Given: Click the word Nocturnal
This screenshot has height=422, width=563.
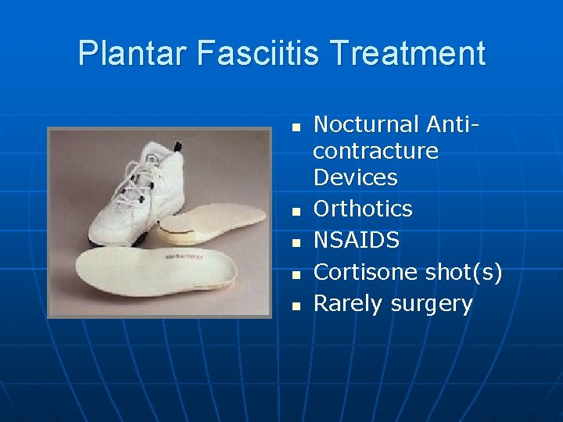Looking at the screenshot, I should click(367, 123).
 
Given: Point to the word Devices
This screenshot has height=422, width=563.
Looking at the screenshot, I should click(356, 177).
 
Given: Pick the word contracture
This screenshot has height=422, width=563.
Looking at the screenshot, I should click(376, 150).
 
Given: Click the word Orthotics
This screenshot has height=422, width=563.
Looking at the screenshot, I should click(363, 209).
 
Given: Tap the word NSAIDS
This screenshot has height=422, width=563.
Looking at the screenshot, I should click(357, 240).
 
